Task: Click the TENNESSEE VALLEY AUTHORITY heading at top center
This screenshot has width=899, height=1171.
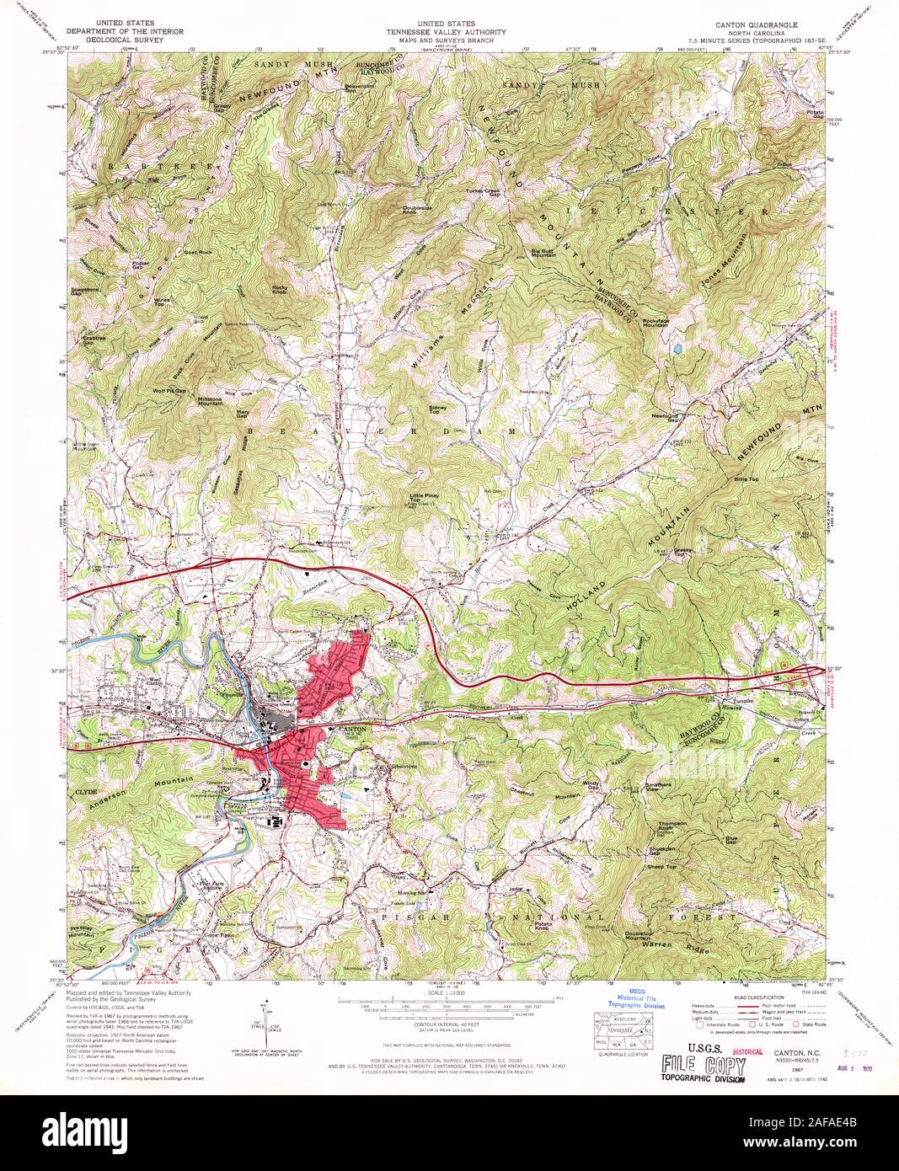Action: tap(450, 33)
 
